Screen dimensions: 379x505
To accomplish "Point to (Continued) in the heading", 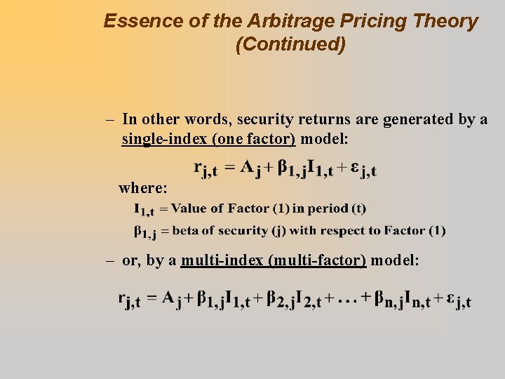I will coord(290,45).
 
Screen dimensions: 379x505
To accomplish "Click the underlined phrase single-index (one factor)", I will coord(208,139).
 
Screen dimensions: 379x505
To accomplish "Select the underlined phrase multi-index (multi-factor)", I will coord(274,260).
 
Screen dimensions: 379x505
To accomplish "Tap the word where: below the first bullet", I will coord(143,188).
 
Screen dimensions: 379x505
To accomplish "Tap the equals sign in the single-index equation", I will coord(227,168).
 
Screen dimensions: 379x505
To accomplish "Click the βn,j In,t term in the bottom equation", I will coord(400,300).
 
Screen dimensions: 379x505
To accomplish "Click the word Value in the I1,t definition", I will coord(187,208).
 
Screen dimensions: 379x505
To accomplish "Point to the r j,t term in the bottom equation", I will coord(129,300).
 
